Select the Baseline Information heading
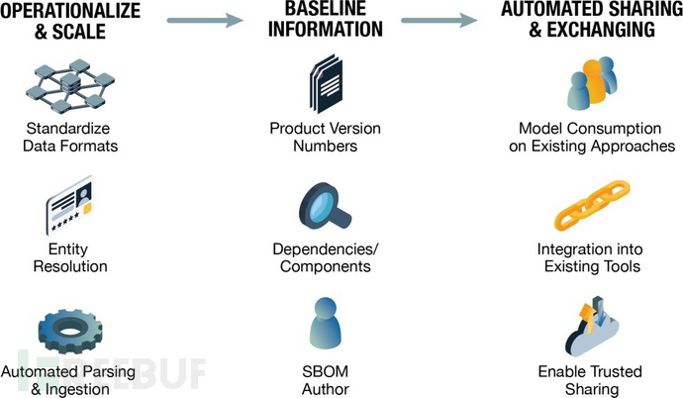point(326,20)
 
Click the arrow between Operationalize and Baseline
point(205,19)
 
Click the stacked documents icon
point(325,87)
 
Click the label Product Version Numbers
point(325,138)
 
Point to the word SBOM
point(325,371)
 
